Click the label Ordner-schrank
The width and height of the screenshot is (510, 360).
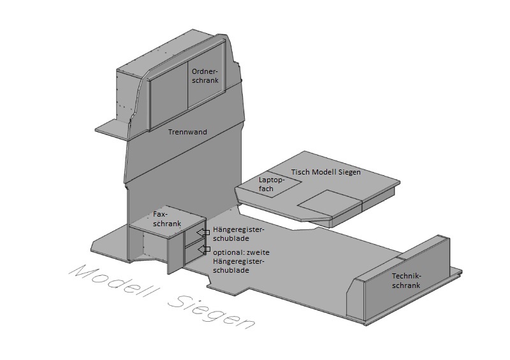tap(205, 76)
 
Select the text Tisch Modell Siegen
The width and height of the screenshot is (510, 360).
tap(326, 172)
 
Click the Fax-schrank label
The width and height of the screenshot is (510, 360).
tap(168, 219)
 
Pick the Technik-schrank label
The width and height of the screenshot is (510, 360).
tap(406, 281)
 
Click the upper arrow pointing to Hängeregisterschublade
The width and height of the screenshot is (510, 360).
tap(202, 233)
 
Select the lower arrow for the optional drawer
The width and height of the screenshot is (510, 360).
tap(202, 249)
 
